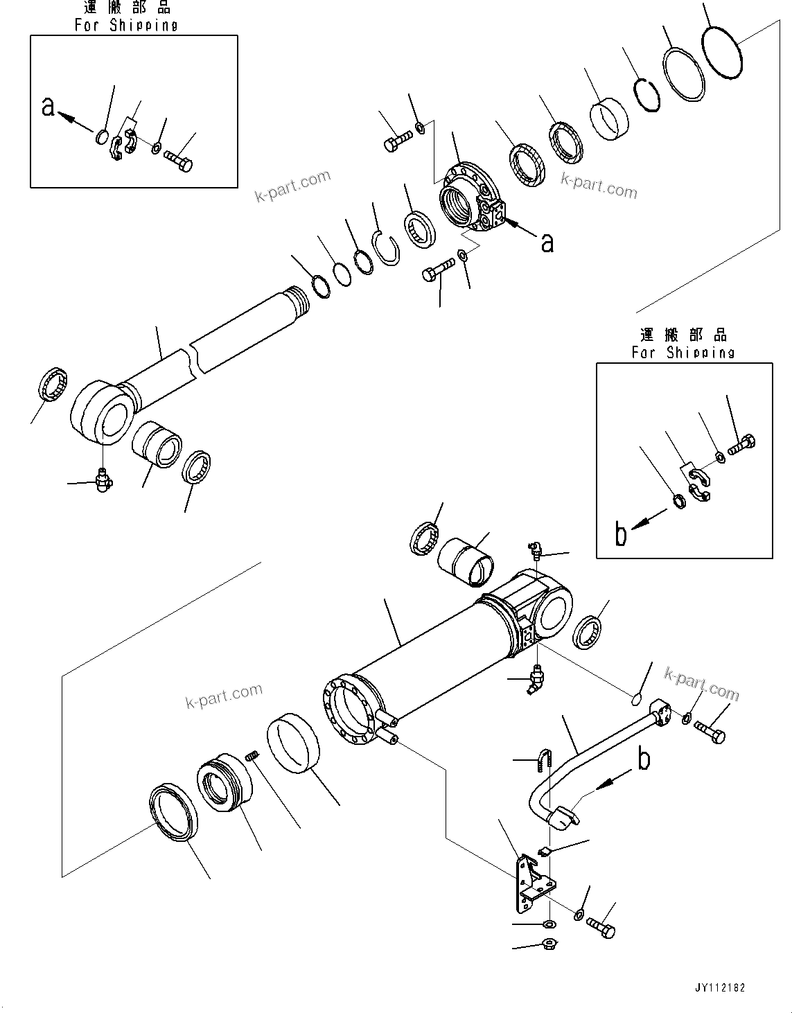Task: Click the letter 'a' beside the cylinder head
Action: (547, 242)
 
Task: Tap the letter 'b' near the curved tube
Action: (644, 759)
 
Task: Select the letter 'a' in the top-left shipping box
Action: (48, 107)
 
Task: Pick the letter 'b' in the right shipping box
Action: (621, 534)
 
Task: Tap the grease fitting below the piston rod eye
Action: (103, 479)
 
